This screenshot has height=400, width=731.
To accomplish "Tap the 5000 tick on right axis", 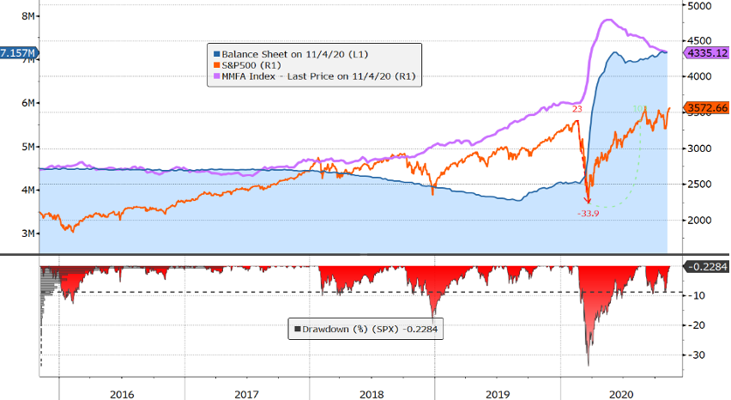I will tap(701, 5).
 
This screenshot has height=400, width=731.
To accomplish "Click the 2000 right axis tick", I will tap(701, 220).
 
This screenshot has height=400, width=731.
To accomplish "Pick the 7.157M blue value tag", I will tap(19, 54).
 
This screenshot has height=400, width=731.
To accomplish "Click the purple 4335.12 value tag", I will tap(708, 53).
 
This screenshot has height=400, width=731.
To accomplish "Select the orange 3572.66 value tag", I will tap(708, 107).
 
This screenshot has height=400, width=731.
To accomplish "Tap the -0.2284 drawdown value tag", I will tap(708, 266).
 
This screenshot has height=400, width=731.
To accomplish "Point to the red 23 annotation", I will tap(577, 108).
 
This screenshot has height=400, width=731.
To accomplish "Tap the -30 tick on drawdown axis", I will tap(699, 355).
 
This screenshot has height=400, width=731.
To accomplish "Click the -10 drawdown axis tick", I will tap(699, 296).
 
